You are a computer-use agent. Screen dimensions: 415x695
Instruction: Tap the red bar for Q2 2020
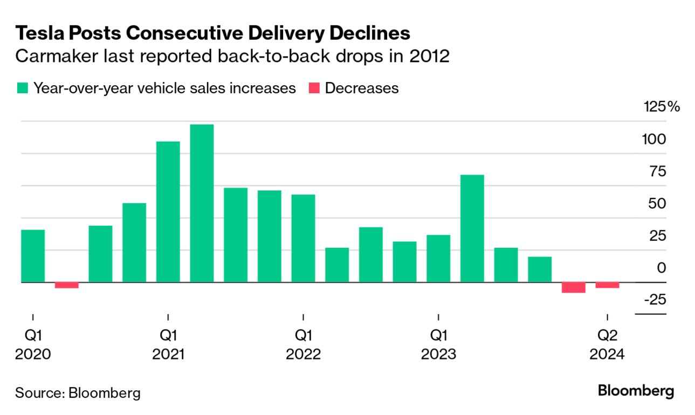coord(66,285)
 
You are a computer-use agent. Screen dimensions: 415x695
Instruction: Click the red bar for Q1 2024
coord(573,287)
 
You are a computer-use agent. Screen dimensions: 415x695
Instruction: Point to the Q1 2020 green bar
coord(33,256)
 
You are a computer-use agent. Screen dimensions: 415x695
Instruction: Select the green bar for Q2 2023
coord(472,229)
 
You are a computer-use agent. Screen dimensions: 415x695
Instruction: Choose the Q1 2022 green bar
coord(303,238)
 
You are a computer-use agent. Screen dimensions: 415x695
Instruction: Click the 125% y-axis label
coord(662,106)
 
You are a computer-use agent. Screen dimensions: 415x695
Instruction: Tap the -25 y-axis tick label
coord(655,300)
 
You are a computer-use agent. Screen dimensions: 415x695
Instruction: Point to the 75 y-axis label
coord(658,171)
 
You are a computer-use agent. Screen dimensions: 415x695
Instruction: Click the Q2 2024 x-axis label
coord(607,345)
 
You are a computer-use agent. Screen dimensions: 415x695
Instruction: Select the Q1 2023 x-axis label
coord(438,345)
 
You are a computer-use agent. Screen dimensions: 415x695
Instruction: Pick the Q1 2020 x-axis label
coord(33,345)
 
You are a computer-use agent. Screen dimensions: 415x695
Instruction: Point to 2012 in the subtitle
coord(431,56)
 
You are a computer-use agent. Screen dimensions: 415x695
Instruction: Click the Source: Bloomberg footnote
coord(78,392)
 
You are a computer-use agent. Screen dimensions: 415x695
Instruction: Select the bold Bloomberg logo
coord(636,391)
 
